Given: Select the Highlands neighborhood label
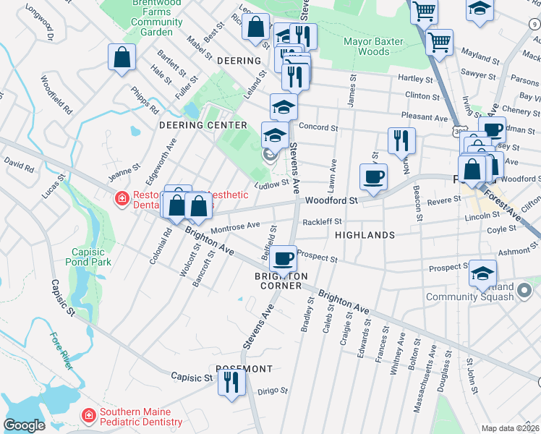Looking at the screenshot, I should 365,235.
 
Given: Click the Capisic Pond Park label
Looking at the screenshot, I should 88,257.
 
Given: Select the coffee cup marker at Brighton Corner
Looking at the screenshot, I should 283,257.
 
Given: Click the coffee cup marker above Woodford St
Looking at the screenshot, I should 373,176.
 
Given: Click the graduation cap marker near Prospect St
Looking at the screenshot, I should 482,273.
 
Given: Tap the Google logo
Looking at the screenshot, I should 24,425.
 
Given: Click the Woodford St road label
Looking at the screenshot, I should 331,200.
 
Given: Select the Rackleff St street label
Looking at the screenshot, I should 322,222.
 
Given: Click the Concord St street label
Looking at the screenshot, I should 319,127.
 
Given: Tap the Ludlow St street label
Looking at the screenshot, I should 276,184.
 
